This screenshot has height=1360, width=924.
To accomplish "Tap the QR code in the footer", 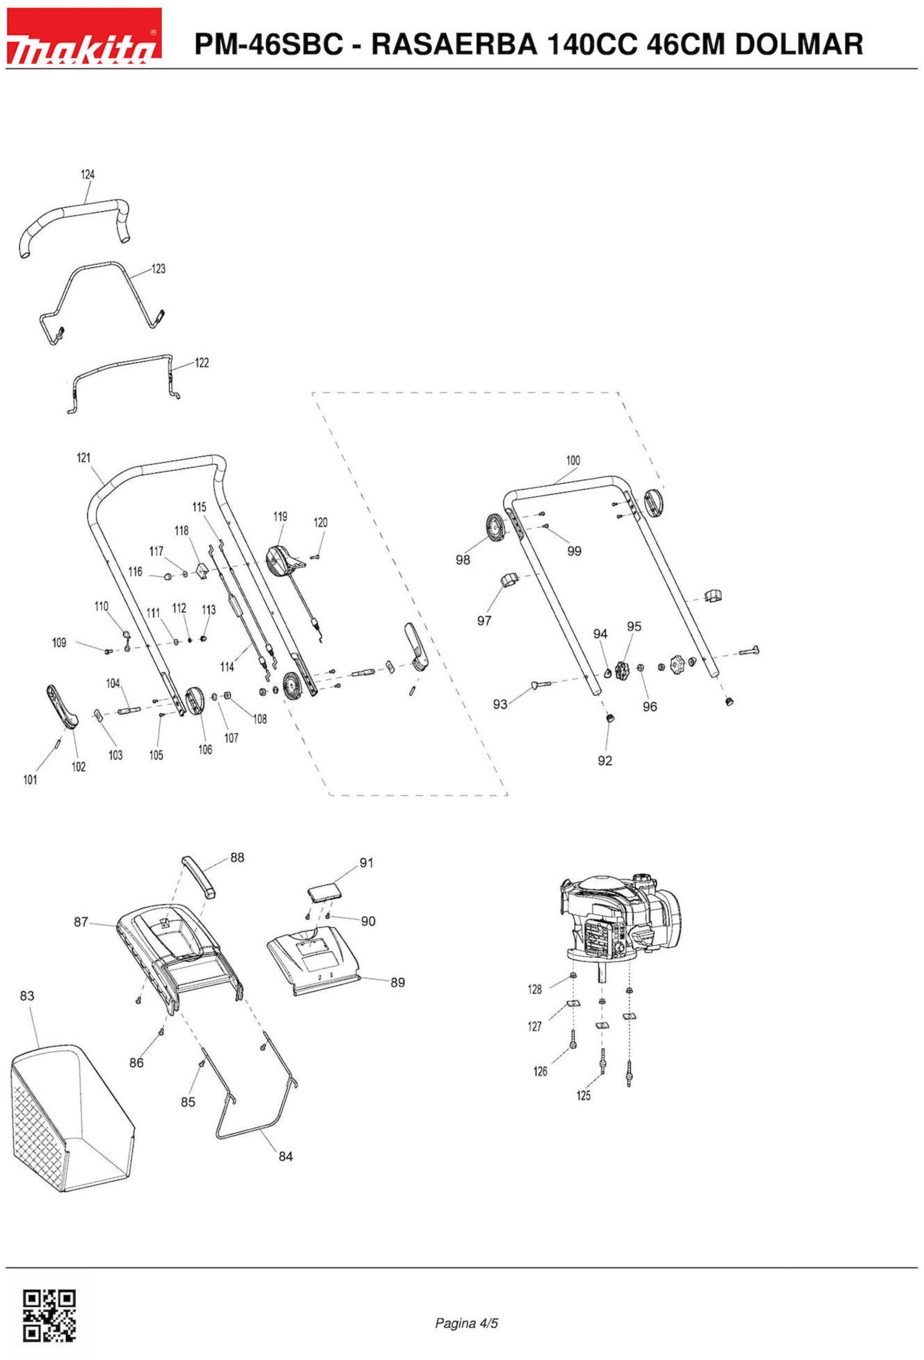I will coord(49,1314).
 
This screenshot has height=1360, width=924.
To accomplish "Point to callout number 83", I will coord(27,995).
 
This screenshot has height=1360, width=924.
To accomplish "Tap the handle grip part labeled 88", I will coord(198,875).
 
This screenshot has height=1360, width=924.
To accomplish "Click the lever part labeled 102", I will coord(61,706).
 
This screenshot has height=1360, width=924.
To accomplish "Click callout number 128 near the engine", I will coord(535,989).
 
